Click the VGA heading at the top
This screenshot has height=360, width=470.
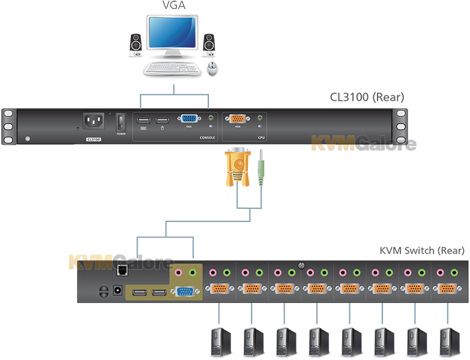tap(173, 7)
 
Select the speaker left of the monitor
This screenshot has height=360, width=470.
tap(136, 44)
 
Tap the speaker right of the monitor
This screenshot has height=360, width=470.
tap(209, 44)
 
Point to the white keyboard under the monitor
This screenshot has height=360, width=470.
tap(172, 69)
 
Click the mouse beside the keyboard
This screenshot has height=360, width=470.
tap(212, 68)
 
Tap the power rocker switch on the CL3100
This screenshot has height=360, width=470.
tap(121, 122)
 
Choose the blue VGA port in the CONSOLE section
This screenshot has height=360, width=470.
tap(188, 119)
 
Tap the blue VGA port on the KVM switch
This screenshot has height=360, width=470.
tap(183, 292)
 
